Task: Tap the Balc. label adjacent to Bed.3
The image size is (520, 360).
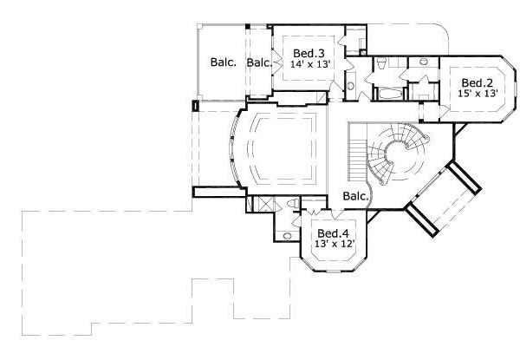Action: (x=259, y=62)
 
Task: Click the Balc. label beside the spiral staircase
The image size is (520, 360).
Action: (x=355, y=196)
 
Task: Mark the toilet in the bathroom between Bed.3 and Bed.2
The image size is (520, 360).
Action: (x=381, y=62)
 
